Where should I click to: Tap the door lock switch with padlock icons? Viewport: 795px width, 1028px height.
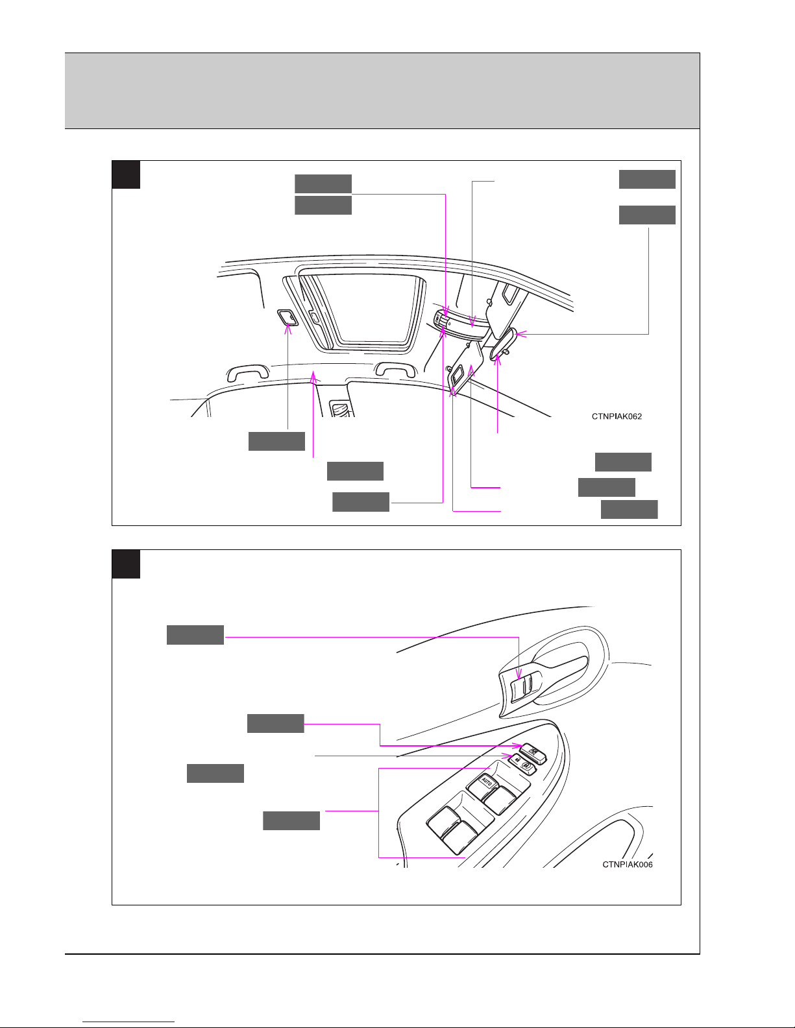click(x=523, y=765)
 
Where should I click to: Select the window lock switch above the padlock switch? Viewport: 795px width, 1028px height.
click(x=533, y=751)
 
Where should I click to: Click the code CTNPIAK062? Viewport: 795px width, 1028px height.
click(x=617, y=416)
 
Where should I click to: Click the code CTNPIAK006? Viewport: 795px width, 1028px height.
click(x=628, y=865)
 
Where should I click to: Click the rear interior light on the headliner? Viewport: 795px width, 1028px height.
click(x=287, y=317)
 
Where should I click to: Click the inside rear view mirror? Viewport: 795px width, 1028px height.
click(x=503, y=344)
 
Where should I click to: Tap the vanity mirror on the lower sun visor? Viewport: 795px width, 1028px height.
click(x=457, y=376)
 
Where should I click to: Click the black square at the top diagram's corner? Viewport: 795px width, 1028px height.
click(x=126, y=174)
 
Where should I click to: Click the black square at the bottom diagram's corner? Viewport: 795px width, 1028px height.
click(x=126, y=564)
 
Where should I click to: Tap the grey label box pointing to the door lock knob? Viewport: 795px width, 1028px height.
click(x=195, y=635)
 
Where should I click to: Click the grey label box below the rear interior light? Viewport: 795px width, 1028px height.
click(x=277, y=441)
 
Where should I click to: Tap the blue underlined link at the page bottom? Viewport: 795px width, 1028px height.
click(x=128, y=1021)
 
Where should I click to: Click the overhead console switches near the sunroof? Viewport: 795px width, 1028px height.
click(x=441, y=321)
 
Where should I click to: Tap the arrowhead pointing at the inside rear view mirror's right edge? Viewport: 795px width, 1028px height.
click(x=520, y=334)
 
